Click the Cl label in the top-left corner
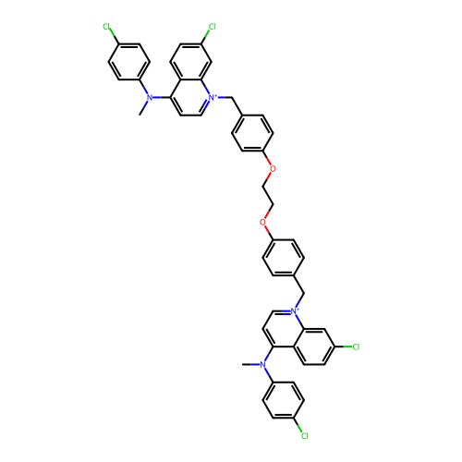[x=106, y=27]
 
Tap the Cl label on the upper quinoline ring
[x=213, y=27]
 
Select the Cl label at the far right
[x=356, y=346]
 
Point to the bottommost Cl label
[x=305, y=436]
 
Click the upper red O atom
[x=273, y=169]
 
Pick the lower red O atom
[x=262, y=222]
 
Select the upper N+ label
[x=213, y=97]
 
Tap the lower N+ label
[x=295, y=311]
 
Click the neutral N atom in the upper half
[x=150, y=98]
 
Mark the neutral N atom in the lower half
[x=262, y=365]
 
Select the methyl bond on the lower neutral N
[x=250, y=365]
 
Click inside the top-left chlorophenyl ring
[x=129, y=62]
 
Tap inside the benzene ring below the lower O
[x=284, y=258]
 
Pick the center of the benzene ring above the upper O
[x=252, y=133]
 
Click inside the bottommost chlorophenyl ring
[x=284, y=400]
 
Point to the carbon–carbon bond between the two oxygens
[x=268, y=195]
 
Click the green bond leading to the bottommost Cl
[x=298, y=425]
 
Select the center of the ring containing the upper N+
[x=191, y=98]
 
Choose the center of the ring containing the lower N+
[x=284, y=329]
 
